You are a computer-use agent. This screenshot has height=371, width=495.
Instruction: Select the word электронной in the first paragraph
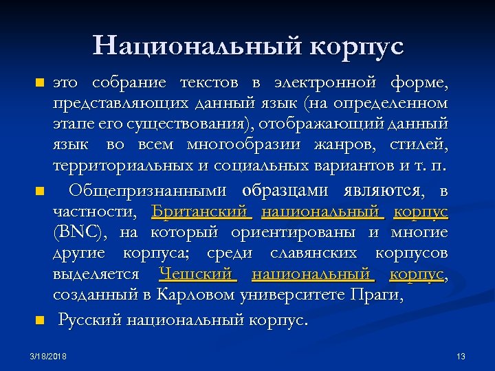coord(326,83)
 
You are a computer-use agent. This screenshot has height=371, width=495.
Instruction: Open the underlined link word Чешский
coord(198,274)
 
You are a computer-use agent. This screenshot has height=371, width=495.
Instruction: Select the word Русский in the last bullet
coord(90,319)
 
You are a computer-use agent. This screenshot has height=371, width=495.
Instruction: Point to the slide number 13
coord(461,356)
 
